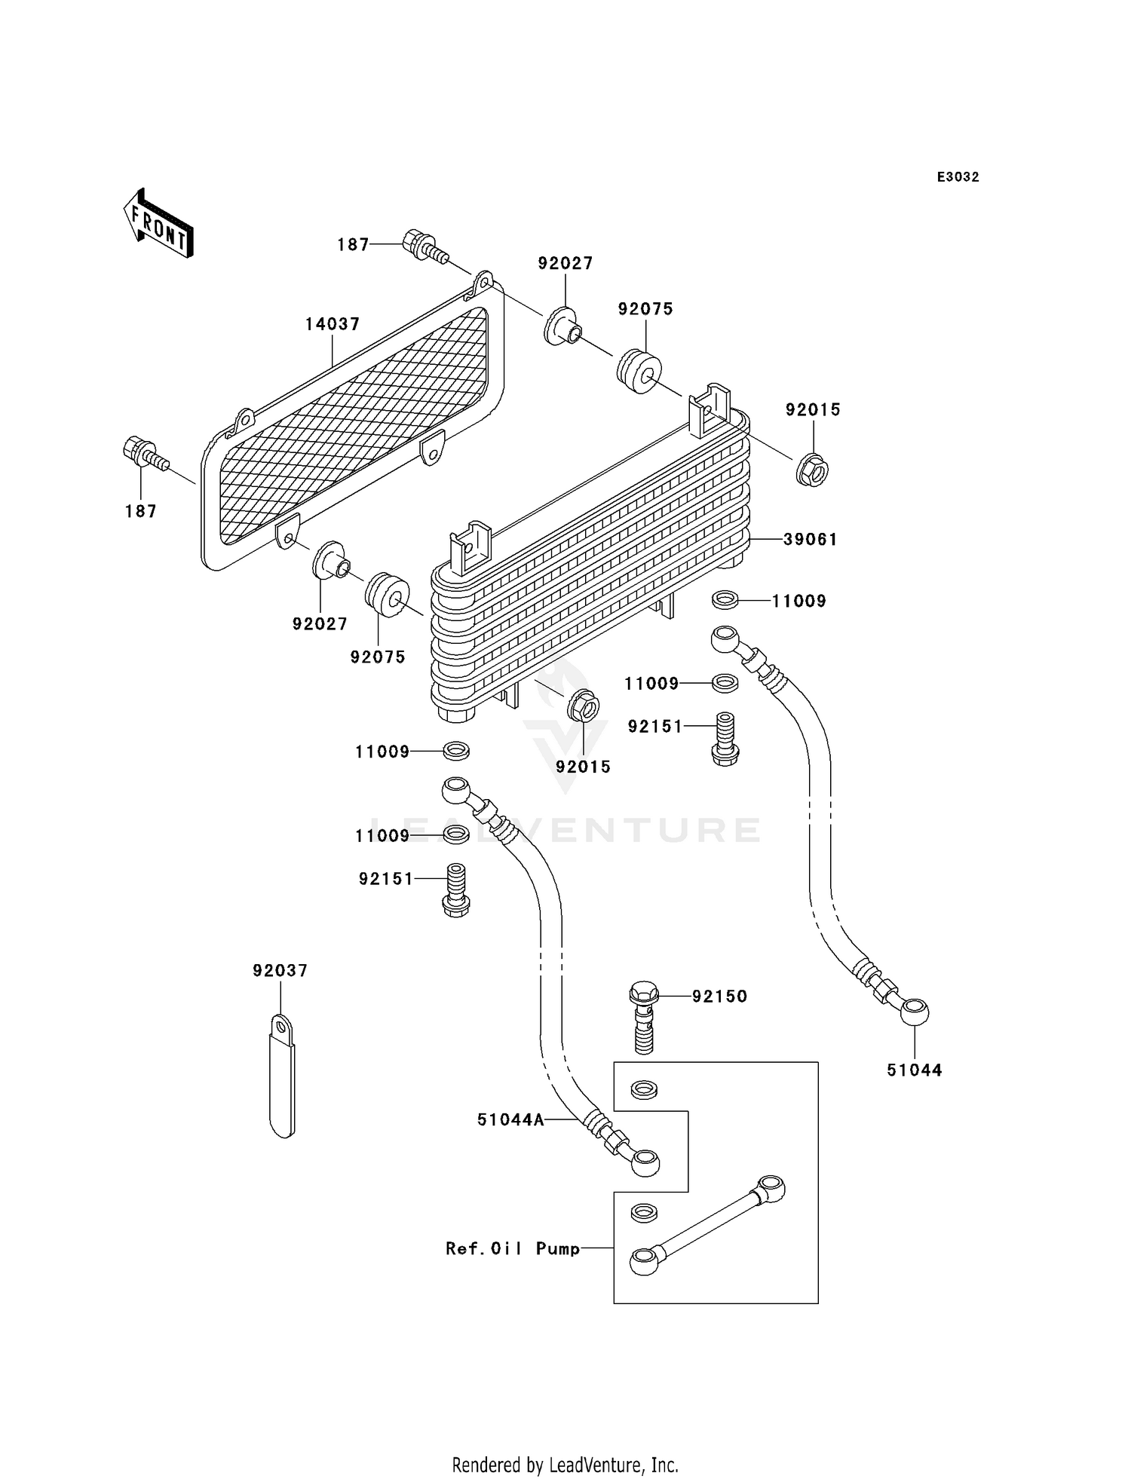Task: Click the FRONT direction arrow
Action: click(x=158, y=223)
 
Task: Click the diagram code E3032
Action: click(x=958, y=177)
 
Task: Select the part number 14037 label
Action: click(x=332, y=324)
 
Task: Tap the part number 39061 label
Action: click(x=811, y=539)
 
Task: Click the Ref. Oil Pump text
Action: click(x=513, y=1249)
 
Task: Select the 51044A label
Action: click(x=510, y=1120)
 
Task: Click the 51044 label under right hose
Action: click(x=914, y=1070)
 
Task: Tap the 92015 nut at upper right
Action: click(x=811, y=471)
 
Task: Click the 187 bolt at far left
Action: click(x=143, y=454)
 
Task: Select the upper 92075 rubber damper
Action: click(x=639, y=370)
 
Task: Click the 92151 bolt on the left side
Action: click(x=455, y=890)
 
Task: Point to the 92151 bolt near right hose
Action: click(x=725, y=739)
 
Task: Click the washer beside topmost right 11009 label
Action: click(x=725, y=601)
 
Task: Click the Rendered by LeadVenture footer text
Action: click(x=565, y=1465)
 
